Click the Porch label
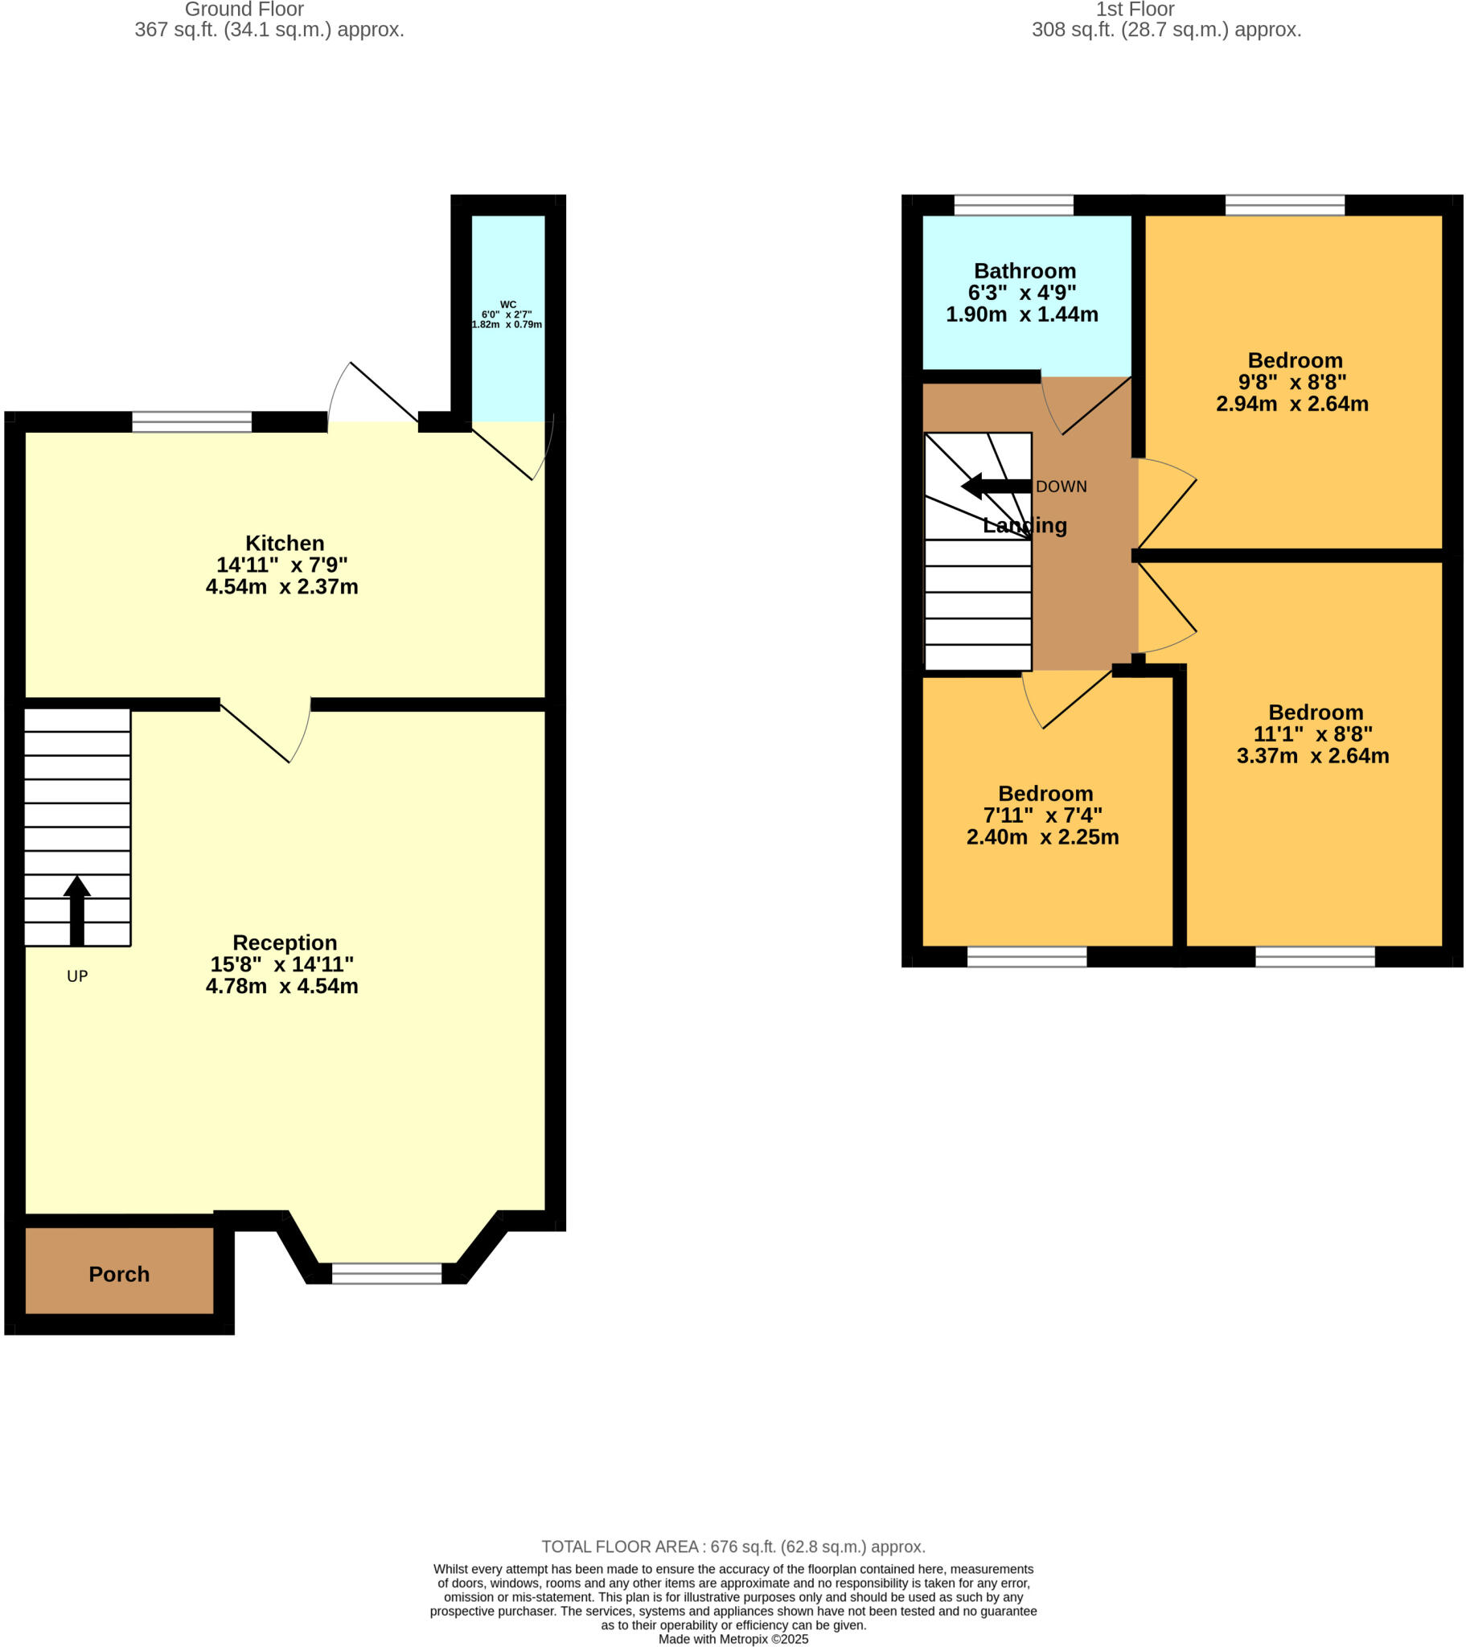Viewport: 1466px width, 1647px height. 119,1274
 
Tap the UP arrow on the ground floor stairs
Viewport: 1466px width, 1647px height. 76,910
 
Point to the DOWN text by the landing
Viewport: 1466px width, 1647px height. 1061,487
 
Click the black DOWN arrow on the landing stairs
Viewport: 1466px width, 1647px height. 996,486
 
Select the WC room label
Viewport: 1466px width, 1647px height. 507,305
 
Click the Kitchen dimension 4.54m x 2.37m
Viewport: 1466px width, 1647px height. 281,586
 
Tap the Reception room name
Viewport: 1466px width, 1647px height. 285,943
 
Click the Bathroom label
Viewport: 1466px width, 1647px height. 1025,271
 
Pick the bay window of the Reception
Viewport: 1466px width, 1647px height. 387,1273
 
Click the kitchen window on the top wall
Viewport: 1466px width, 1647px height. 192,421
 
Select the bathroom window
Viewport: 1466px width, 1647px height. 1013,204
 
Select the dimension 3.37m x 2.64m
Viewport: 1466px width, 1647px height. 1312,756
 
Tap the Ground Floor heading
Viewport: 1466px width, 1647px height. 244,10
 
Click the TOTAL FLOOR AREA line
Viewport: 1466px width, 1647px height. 733,1546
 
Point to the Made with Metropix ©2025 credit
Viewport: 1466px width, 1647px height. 733,1639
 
